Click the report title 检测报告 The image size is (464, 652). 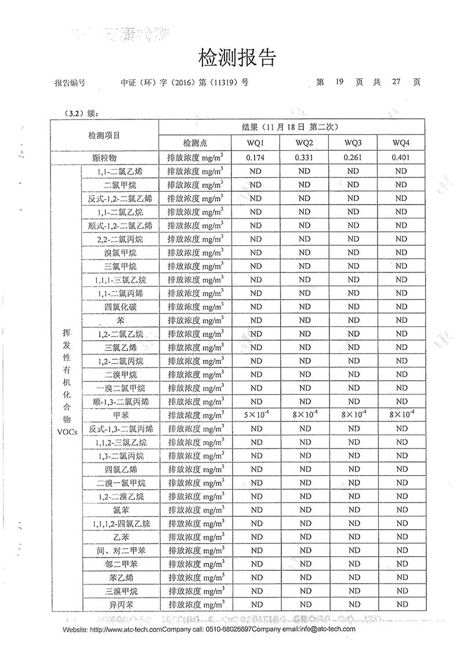click(x=237, y=58)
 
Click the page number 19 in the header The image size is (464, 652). click(x=340, y=82)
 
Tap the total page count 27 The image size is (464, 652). click(x=396, y=82)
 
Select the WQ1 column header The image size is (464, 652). click(x=256, y=143)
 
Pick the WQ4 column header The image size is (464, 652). click(x=401, y=143)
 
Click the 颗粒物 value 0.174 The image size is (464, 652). click(x=256, y=158)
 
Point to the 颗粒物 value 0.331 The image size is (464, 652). click(x=304, y=158)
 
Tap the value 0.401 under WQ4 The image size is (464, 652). click(x=401, y=158)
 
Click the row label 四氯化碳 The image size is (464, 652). click(x=121, y=307)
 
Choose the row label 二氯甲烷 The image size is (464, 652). click(x=121, y=185)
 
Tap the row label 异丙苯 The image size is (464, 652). click(x=121, y=604)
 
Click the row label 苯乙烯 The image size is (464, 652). click(x=121, y=578)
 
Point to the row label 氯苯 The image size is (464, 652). click(x=121, y=510)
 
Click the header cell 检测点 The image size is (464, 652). click(x=195, y=143)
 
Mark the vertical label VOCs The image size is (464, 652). click(x=66, y=432)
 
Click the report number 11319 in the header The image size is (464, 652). click(x=229, y=82)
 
